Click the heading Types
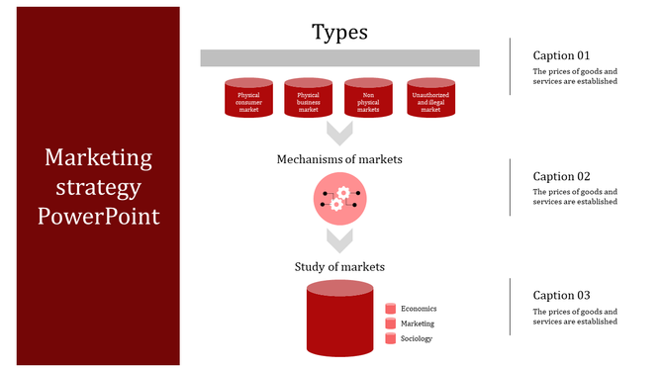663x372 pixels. [x=339, y=32]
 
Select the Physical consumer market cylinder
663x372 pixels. [x=248, y=99]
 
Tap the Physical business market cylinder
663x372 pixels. [x=309, y=99]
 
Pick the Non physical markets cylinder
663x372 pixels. [x=368, y=99]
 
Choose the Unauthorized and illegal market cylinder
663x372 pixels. [x=430, y=99]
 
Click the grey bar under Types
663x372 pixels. [x=339, y=58]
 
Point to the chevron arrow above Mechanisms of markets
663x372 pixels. [x=339, y=134]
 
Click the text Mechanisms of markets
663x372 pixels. [x=339, y=158]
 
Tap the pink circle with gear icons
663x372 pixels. [x=339, y=197]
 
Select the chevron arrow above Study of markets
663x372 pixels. [x=339, y=239]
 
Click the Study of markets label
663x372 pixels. [x=339, y=266]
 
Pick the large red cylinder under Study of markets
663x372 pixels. [x=339, y=322]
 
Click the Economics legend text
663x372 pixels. [x=418, y=309]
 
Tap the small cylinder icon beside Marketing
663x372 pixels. [x=390, y=324]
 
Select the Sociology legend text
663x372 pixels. [x=417, y=338]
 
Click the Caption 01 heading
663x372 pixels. [x=561, y=55]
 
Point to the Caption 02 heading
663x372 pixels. [x=561, y=176]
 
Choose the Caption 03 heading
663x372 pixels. [x=561, y=295]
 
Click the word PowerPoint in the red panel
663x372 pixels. [x=98, y=215]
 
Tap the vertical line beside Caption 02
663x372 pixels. [x=511, y=187]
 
